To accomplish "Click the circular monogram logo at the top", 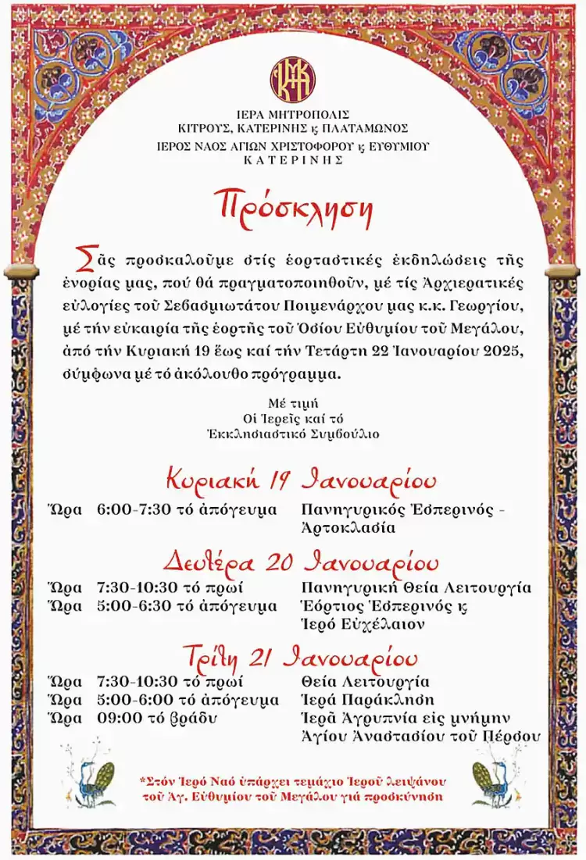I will [x=293, y=79].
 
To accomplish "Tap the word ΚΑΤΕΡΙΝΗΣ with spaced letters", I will [x=293, y=159].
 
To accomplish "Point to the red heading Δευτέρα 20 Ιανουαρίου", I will [x=301, y=562].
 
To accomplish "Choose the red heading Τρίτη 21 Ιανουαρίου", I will [x=300, y=655].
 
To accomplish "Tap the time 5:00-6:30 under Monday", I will [x=131, y=606].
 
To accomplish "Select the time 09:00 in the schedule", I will [x=118, y=718].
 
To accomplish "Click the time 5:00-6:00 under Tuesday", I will [x=131, y=700].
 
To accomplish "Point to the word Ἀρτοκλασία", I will [x=348, y=528].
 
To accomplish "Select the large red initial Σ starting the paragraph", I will [x=82, y=257].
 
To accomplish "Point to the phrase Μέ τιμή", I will [x=292, y=405].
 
